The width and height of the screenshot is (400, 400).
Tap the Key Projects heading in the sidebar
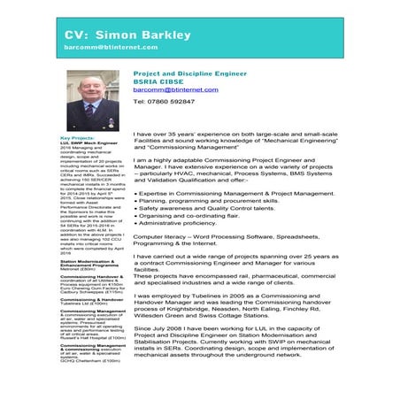(x=76, y=138)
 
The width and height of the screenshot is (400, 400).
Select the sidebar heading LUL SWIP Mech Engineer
(x=88, y=143)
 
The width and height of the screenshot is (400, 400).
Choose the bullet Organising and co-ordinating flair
(x=195, y=214)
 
